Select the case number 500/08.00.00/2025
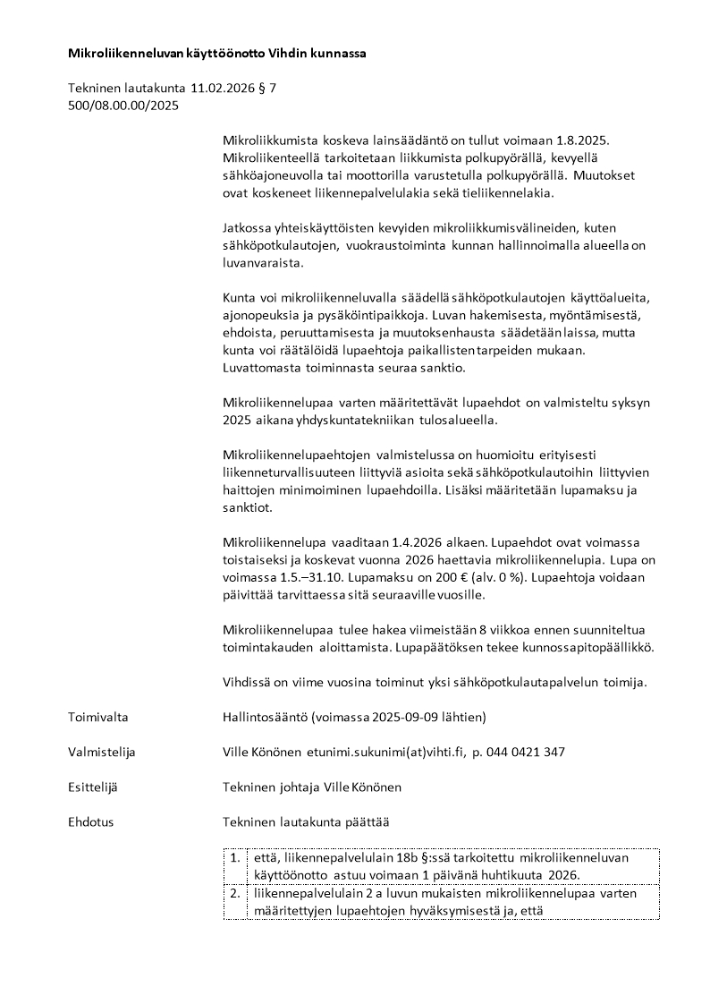(123, 106)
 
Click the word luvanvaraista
(263, 264)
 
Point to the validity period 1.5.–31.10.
(300, 577)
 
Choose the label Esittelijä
(93, 787)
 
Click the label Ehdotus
(91, 821)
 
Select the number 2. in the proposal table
(235, 893)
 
